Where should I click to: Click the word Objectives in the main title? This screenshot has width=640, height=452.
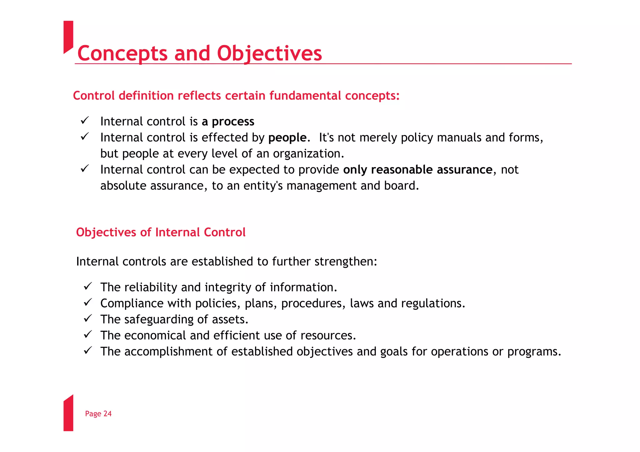click(269, 53)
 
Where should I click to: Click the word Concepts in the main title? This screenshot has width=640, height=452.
click(122, 53)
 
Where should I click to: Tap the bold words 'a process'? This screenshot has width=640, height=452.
click(228, 122)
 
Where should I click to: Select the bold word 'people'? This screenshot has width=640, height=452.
click(287, 138)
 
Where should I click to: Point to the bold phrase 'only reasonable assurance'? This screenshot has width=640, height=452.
click(417, 170)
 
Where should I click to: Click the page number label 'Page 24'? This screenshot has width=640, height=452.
click(98, 414)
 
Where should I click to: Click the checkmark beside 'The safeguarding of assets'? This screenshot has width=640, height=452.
click(88, 318)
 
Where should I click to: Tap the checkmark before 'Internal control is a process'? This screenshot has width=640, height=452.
click(85, 120)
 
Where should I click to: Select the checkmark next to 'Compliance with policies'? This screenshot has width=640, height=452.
click(88, 302)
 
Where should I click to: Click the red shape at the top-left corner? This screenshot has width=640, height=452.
click(68, 36)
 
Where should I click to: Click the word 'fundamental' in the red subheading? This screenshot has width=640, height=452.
click(305, 96)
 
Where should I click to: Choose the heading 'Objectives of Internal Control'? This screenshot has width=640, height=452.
click(161, 232)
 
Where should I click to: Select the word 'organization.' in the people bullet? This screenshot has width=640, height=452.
click(308, 154)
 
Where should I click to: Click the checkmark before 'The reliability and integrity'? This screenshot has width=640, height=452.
click(88, 286)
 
